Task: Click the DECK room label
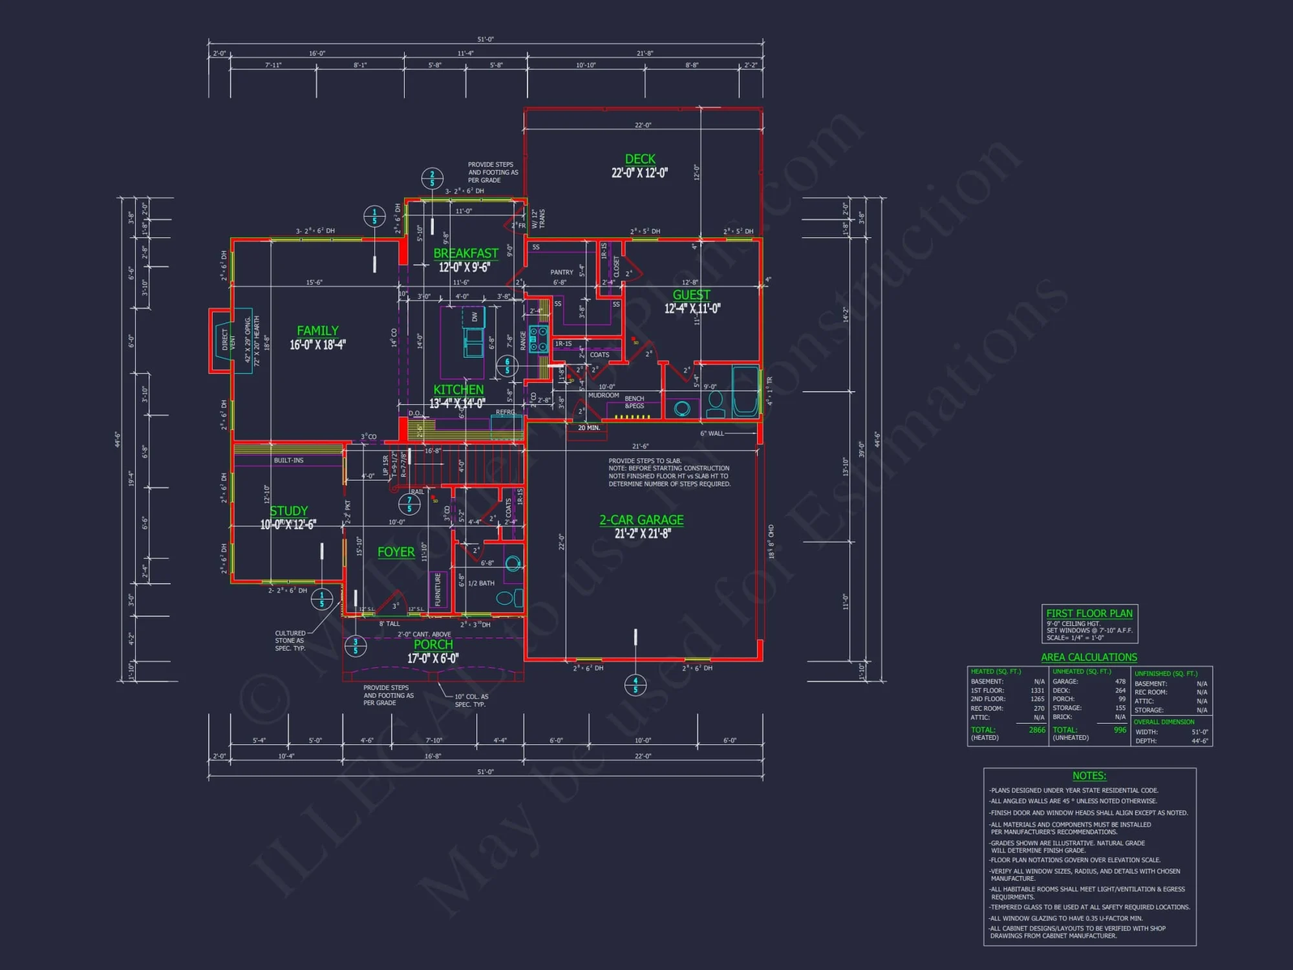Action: pyautogui.click(x=640, y=159)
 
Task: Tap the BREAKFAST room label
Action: pyautogui.click(x=465, y=253)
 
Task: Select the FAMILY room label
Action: pyautogui.click(x=317, y=330)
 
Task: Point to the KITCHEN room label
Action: pyautogui.click(x=458, y=389)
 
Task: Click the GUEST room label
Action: pyautogui.click(x=691, y=295)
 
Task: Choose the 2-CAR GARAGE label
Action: pyautogui.click(x=641, y=520)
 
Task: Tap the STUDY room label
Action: pyautogui.click(x=288, y=511)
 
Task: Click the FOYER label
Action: pyautogui.click(x=396, y=552)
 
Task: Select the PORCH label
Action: pyautogui.click(x=433, y=645)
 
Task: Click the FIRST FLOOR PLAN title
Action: pyautogui.click(x=1089, y=613)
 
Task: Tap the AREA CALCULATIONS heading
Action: pyautogui.click(x=1089, y=657)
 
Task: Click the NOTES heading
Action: pyautogui.click(x=1089, y=775)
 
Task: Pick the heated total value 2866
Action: pyautogui.click(x=1037, y=729)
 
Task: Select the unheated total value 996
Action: pyautogui.click(x=1120, y=729)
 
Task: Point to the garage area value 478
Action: pyautogui.click(x=1120, y=681)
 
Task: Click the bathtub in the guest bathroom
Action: pyautogui.click(x=745, y=392)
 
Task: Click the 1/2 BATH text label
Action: pyautogui.click(x=481, y=583)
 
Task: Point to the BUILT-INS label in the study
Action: pyautogui.click(x=288, y=460)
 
